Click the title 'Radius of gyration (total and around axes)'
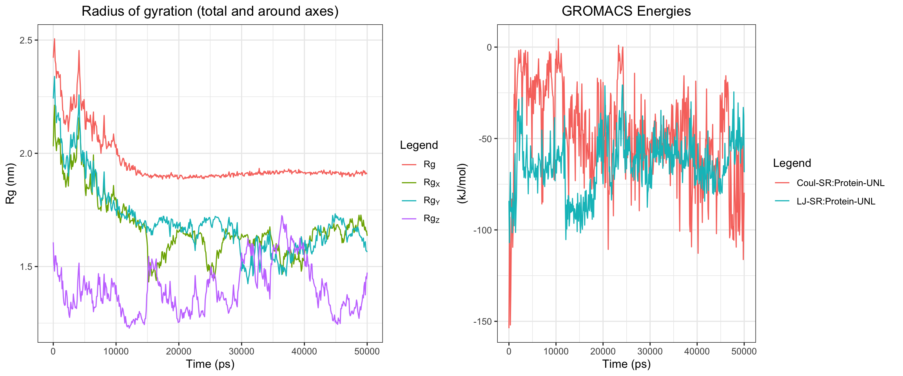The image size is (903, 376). click(210, 11)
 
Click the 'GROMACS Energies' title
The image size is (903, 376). click(626, 11)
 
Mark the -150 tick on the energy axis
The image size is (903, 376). click(483, 322)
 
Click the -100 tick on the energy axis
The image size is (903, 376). click(483, 230)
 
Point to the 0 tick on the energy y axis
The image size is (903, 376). click(489, 47)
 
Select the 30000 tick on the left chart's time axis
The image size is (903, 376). click(241, 352)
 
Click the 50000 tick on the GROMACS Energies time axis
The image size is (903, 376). click(744, 352)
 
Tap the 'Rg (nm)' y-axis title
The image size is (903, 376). click(10, 183)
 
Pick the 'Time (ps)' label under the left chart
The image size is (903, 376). click(210, 364)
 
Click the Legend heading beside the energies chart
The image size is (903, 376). click(792, 163)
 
